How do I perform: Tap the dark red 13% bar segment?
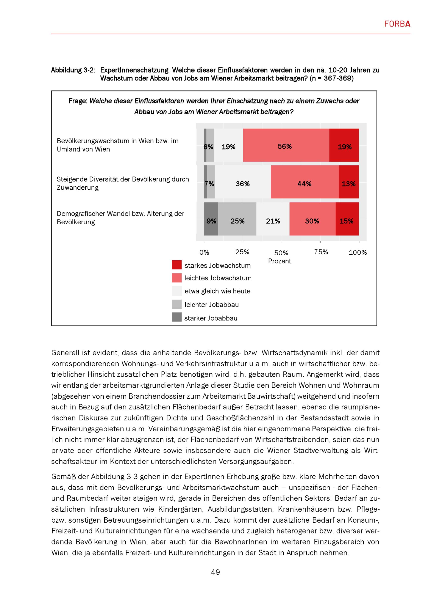coord(348,182)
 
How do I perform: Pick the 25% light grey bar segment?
coord(237,219)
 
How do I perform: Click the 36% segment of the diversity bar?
coord(243,182)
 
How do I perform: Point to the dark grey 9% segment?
coord(211,219)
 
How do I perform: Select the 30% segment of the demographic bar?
coord(312,219)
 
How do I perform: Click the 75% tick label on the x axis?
coord(321,252)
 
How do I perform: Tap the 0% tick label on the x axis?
coord(204,252)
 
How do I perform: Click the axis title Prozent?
coord(280,261)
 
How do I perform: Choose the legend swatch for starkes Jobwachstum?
coord(177,265)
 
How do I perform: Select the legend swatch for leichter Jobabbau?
coord(177,304)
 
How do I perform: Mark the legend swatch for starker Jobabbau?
coord(177,317)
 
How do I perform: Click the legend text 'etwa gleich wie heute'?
coord(217,291)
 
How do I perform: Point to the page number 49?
coord(215,572)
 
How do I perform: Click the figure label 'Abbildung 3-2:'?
coord(73,70)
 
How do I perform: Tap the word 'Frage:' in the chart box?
coord(78,101)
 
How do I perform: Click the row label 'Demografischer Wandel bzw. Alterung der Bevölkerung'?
coord(120,218)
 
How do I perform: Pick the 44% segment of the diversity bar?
coord(305,182)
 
